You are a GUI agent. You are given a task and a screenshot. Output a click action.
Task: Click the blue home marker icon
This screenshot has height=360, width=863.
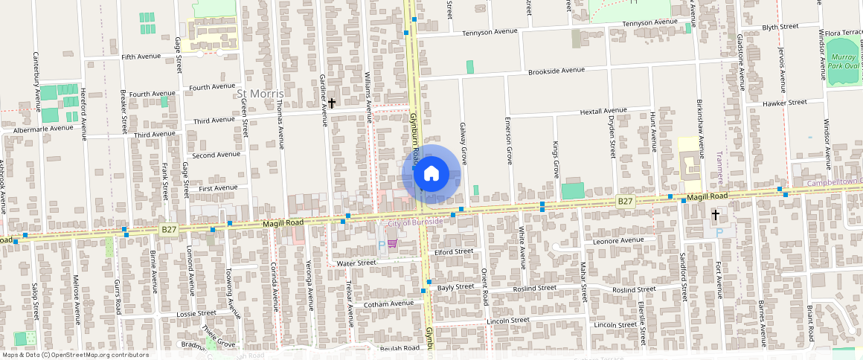[431, 174]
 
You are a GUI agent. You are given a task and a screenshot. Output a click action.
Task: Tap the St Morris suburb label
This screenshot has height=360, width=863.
[260, 94]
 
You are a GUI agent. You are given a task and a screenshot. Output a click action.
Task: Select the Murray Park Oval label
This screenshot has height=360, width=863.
[844, 61]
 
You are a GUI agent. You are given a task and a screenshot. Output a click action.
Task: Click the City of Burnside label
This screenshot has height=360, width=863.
[415, 222]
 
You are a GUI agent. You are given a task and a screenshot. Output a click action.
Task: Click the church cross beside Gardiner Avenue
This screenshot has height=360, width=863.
[332, 103]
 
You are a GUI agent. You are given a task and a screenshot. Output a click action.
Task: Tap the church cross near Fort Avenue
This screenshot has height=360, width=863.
[716, 214]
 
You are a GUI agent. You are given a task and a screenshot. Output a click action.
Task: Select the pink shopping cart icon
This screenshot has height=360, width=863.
[392, 244]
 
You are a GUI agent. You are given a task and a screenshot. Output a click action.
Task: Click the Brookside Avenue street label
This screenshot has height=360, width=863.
[556, 71]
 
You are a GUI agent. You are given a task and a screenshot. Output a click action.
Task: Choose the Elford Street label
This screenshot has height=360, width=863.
[453, 251]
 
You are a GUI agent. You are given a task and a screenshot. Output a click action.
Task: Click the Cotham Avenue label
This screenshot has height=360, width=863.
[388, 303]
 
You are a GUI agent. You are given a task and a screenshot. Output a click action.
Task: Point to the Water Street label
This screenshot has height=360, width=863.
[356, 263]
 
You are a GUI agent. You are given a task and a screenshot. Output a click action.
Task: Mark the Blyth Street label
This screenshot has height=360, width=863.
[780, 27]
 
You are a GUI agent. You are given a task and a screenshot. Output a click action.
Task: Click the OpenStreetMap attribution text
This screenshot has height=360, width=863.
[74, 355]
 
